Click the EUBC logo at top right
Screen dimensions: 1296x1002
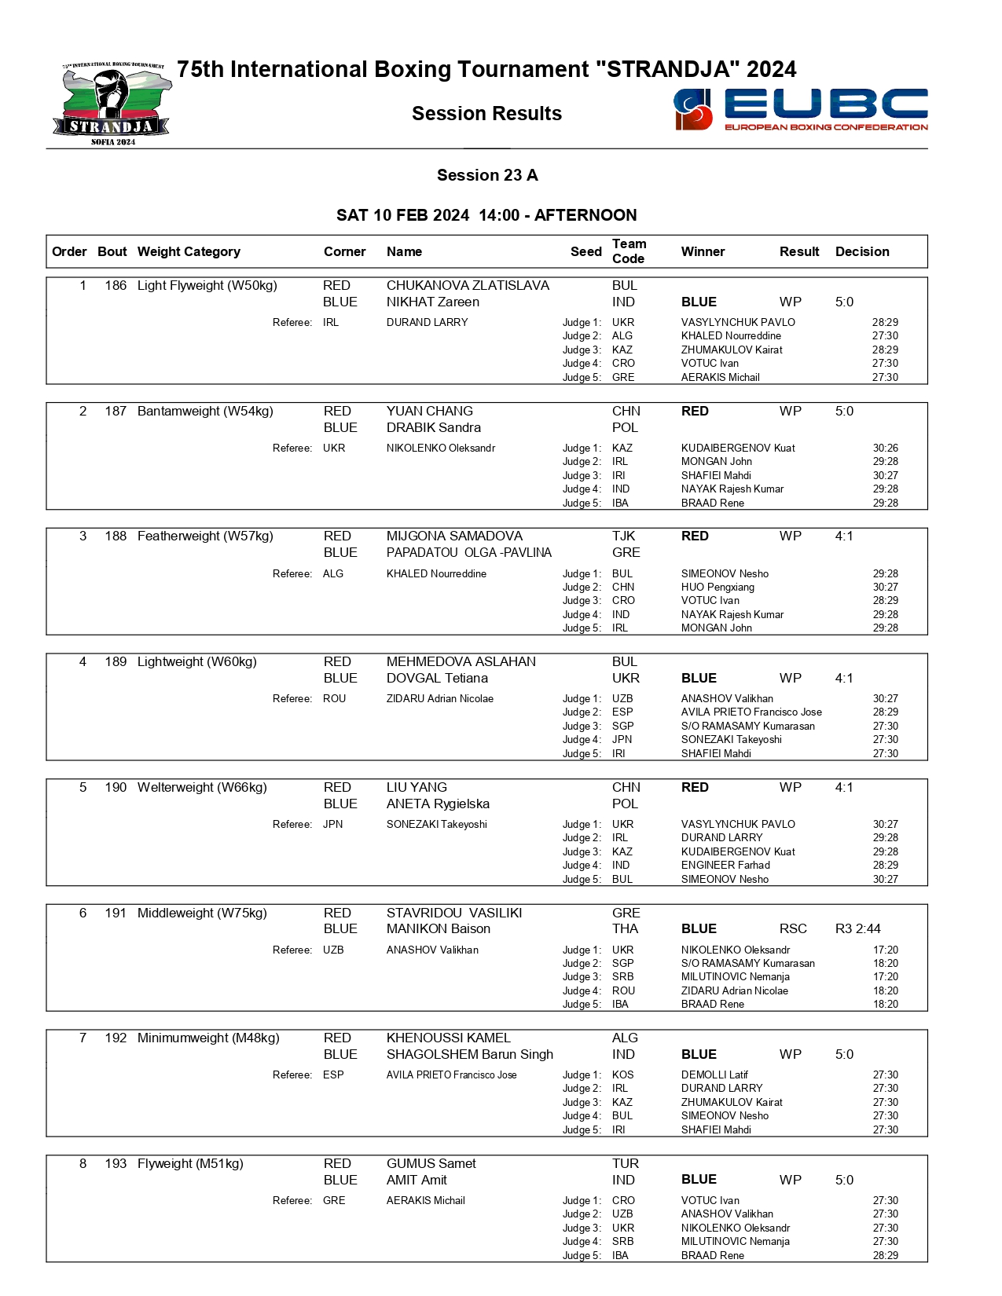tap(800, 109)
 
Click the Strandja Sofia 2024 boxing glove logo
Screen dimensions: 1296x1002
tap(112, 104)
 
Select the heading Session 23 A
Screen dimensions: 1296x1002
tap(487, 175)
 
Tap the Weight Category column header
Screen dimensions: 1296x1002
tap(189, 251)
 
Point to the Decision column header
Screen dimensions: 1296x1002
tap(862, 251)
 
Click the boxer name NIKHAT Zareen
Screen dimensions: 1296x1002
tap(432, 302)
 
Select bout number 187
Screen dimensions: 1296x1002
tap(116, 411)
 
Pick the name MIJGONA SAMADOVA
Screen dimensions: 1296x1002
tap(454, 536)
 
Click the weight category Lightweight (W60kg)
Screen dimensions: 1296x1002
tap(197, 661)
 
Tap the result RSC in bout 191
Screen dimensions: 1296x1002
tap(793, 928)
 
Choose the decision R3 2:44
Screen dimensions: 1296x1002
tap(857, 928)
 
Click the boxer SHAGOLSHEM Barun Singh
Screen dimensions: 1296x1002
tap(469, 1054)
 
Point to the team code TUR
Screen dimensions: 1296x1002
tap(625, 1163)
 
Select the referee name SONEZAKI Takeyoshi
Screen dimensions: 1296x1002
tap(436, 824)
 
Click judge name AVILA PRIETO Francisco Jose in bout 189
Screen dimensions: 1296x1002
tap(751, 712)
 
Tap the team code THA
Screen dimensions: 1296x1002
tap(625, 928)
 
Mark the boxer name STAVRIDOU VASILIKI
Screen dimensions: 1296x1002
tap(453, 913)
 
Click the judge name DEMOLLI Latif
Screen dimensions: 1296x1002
tap(714, 1075)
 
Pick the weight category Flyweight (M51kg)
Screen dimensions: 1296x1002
tap(190, 1163)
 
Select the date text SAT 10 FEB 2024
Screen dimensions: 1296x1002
tap(402, 215)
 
